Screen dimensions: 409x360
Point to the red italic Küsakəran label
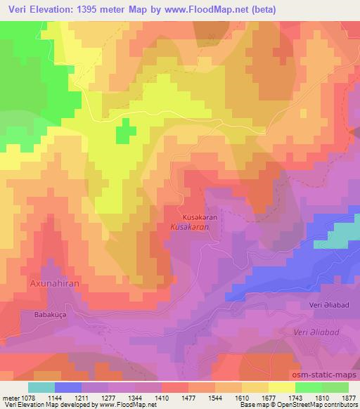pyautogui.click(x=190, y=228)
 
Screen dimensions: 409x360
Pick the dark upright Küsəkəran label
pyautogui.click(x=200, y=218)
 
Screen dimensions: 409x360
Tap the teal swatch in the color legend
pyautogui.click(x=41, y=387)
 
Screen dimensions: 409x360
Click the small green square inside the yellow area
pyautogui.click(x=126, y=131)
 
